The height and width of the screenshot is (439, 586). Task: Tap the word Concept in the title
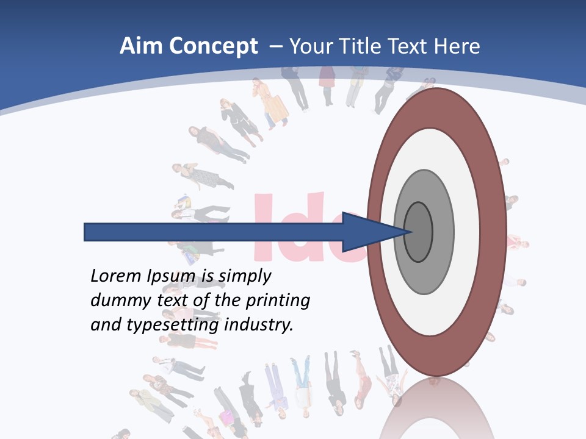point(213,46)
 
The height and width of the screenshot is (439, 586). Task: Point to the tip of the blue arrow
point(410,232)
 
